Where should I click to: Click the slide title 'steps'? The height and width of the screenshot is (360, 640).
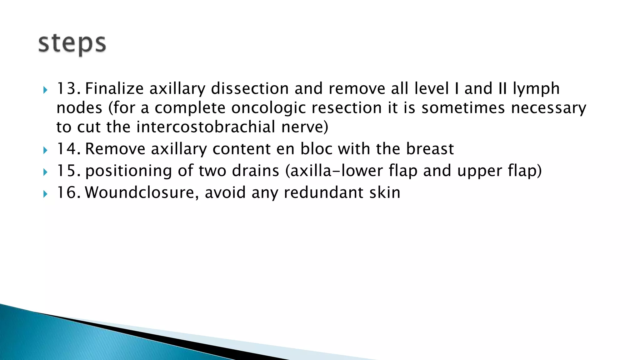(x=72, y=44)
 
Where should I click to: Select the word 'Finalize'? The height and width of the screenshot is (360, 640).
(x=114, y=88)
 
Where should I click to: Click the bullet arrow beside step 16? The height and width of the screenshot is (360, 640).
(x=45, y=194)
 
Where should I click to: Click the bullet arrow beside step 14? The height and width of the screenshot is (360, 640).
(x=45, y=151)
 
